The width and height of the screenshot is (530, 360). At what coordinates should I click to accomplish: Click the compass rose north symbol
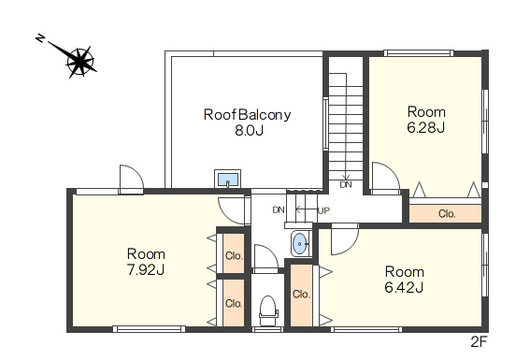80,61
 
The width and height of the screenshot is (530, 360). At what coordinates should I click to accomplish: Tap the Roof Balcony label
247,115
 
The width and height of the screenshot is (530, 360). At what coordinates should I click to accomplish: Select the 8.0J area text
249,131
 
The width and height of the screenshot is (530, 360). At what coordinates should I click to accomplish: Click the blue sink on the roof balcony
228,180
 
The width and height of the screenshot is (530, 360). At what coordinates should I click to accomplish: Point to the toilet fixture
268,311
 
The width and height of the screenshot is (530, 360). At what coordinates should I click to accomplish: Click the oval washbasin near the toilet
299,243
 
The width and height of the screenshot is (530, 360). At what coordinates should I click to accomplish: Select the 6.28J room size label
425,128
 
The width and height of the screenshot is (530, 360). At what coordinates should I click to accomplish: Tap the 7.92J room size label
146,270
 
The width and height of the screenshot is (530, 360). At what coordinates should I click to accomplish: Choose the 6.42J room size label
404,288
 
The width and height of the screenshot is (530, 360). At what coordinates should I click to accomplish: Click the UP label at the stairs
323,211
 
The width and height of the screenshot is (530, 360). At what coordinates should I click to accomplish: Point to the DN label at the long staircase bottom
346,184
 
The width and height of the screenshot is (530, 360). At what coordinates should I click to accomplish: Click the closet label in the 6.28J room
447,213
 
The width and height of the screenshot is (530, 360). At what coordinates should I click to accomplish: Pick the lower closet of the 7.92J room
234,303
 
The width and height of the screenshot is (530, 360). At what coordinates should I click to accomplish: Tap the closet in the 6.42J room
301,295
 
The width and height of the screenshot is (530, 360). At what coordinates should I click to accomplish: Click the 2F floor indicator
479,342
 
